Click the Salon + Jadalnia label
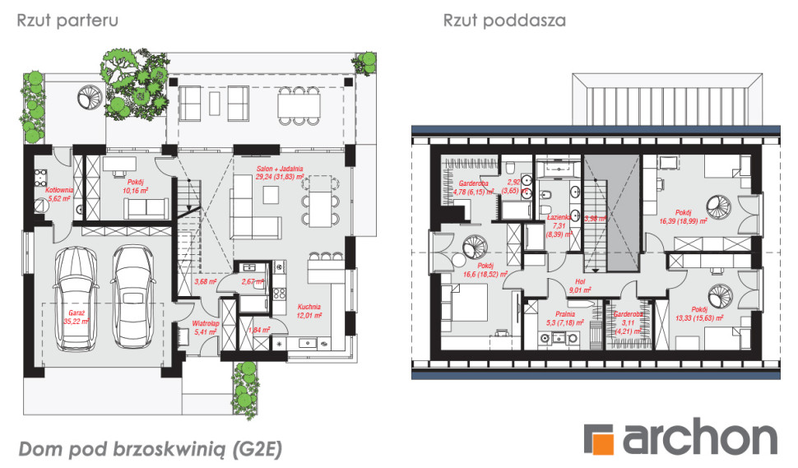(x=279, y=172)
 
